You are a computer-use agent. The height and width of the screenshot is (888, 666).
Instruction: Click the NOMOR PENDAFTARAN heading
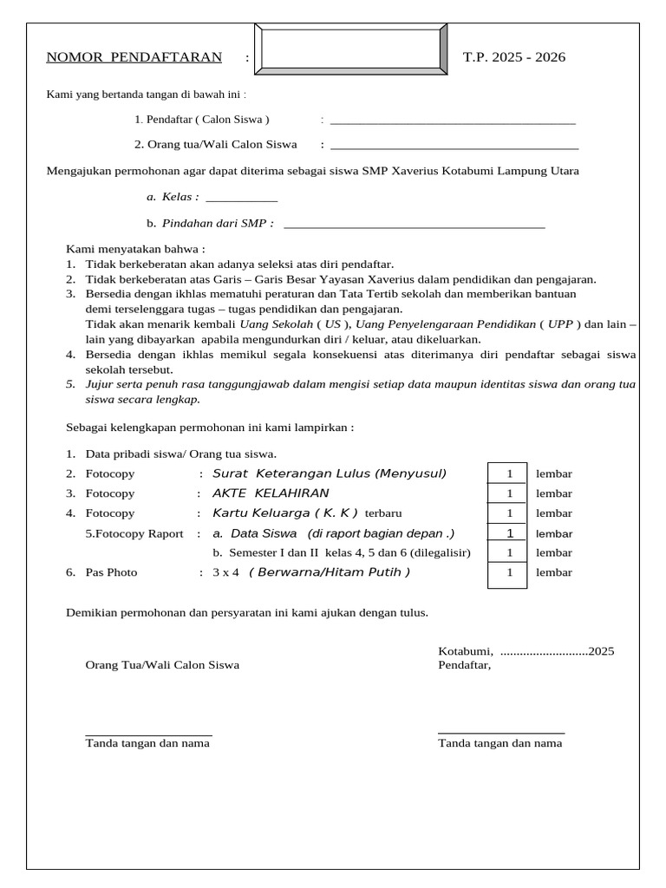click(x=134, y=58)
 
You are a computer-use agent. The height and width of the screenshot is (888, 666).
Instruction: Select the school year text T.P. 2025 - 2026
click(x=513, y=58)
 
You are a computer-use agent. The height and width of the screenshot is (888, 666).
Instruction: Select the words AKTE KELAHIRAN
click(x=271, y=493)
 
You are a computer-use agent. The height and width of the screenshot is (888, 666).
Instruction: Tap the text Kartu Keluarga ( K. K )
click(x=285, y=513)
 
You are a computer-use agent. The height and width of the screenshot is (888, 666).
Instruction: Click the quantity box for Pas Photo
click(x=509, y=573)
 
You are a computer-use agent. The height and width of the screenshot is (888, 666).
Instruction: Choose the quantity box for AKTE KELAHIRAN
click(x=509, y=493)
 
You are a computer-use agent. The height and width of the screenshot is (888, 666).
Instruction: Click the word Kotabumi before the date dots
click(x=466, y=651)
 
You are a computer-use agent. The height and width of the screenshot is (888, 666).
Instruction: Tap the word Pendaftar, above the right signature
click(x=464, y=665)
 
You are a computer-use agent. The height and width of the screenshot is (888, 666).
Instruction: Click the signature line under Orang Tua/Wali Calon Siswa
click(x=147, y=735)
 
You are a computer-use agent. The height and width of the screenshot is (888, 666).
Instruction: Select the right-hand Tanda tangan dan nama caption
click(x=499, y=744)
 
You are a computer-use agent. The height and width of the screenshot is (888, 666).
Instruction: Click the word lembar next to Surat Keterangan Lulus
click(x=554, y=474)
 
